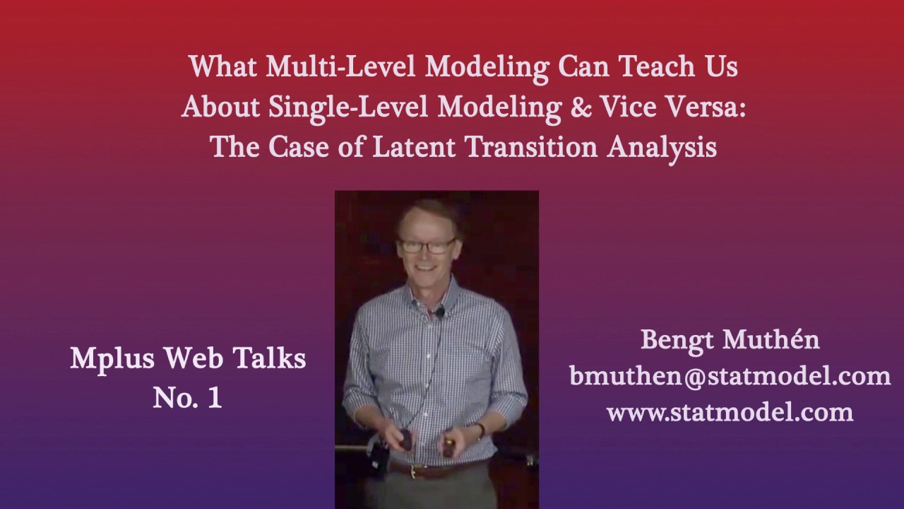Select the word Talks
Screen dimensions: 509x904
(271, 359)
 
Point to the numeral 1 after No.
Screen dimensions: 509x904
(214, 398)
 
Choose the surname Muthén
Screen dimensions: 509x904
(773, 340)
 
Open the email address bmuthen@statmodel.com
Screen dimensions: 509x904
(730, 376)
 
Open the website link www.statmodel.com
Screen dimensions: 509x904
(730, 411)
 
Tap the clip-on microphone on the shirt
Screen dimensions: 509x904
(440, 311)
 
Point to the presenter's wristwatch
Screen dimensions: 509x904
(481, 429)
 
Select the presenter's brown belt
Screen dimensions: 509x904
(424, 468)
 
